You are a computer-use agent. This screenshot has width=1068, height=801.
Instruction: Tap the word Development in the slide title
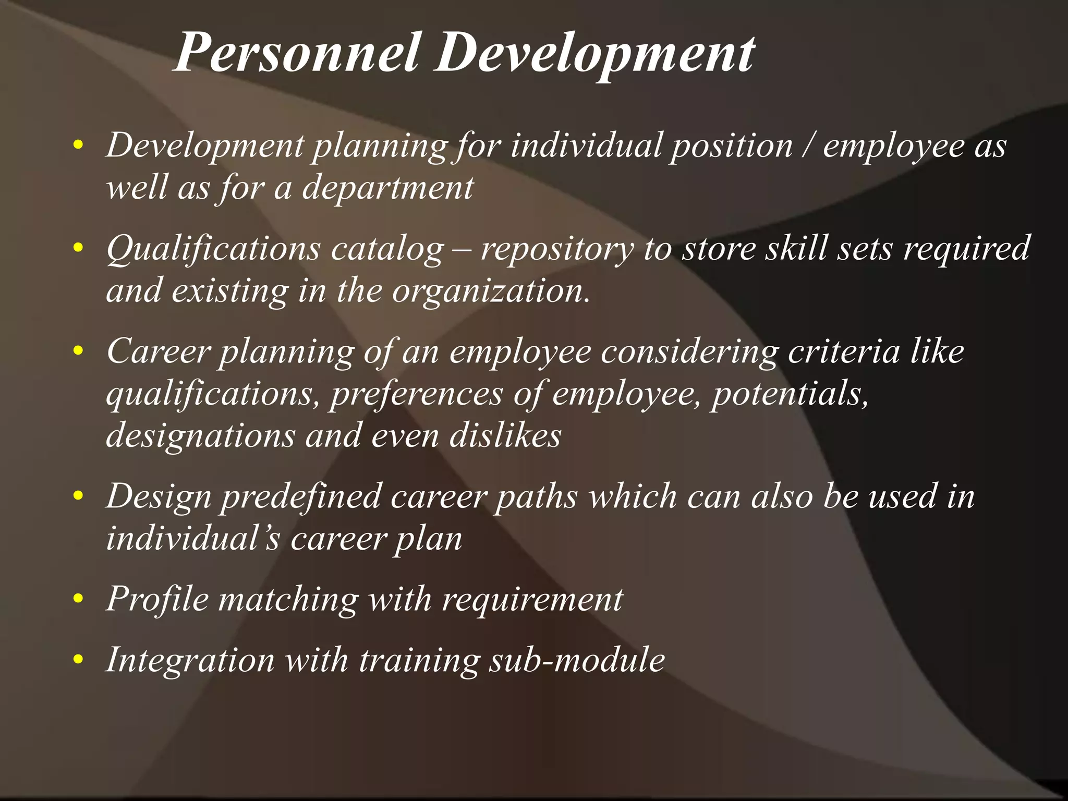coord(595,53)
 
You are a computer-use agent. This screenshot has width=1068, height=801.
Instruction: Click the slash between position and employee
coord(808,145)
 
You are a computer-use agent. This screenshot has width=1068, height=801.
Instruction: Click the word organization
coord(491,291)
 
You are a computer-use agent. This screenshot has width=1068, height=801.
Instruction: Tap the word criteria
coord(844,351)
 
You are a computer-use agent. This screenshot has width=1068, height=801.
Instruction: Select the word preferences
coord(416,394)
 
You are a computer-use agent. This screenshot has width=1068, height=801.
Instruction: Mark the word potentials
coord(790,394)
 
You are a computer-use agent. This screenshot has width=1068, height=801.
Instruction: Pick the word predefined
coord(301,496)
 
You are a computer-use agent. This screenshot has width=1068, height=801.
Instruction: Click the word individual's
coord(193,538)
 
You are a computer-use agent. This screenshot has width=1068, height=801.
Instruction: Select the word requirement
coord(532,600)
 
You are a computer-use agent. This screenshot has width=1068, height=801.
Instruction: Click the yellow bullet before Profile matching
coord(78,600)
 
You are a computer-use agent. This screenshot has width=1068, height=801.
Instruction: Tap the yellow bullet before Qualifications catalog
coord(78,249)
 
